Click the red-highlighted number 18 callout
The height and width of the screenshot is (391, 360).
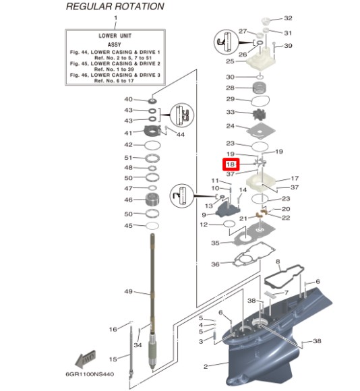[231, 164]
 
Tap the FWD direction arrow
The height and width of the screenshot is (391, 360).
[85, 359]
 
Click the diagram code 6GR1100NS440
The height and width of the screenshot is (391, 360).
[90, 374]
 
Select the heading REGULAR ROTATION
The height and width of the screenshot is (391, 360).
[115, 7]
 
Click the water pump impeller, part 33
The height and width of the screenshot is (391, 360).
[260, 115]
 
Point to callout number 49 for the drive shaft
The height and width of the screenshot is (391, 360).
[128, 291]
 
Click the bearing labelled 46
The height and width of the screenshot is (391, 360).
[152, 200]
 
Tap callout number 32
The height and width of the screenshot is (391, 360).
[288, 18]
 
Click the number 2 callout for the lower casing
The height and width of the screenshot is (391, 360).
[206, 366]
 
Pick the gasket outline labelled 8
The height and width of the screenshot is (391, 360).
[284, 276]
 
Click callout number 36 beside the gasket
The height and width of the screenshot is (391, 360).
[215, 264]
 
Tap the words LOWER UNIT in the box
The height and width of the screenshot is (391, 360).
[115, 36]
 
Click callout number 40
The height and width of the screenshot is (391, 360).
[128, 99]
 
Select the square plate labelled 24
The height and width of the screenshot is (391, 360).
[261, 131]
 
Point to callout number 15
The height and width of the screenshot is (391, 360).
[113, 359]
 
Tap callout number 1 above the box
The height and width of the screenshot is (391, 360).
[115, 18]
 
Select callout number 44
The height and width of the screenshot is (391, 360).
[181, 135]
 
